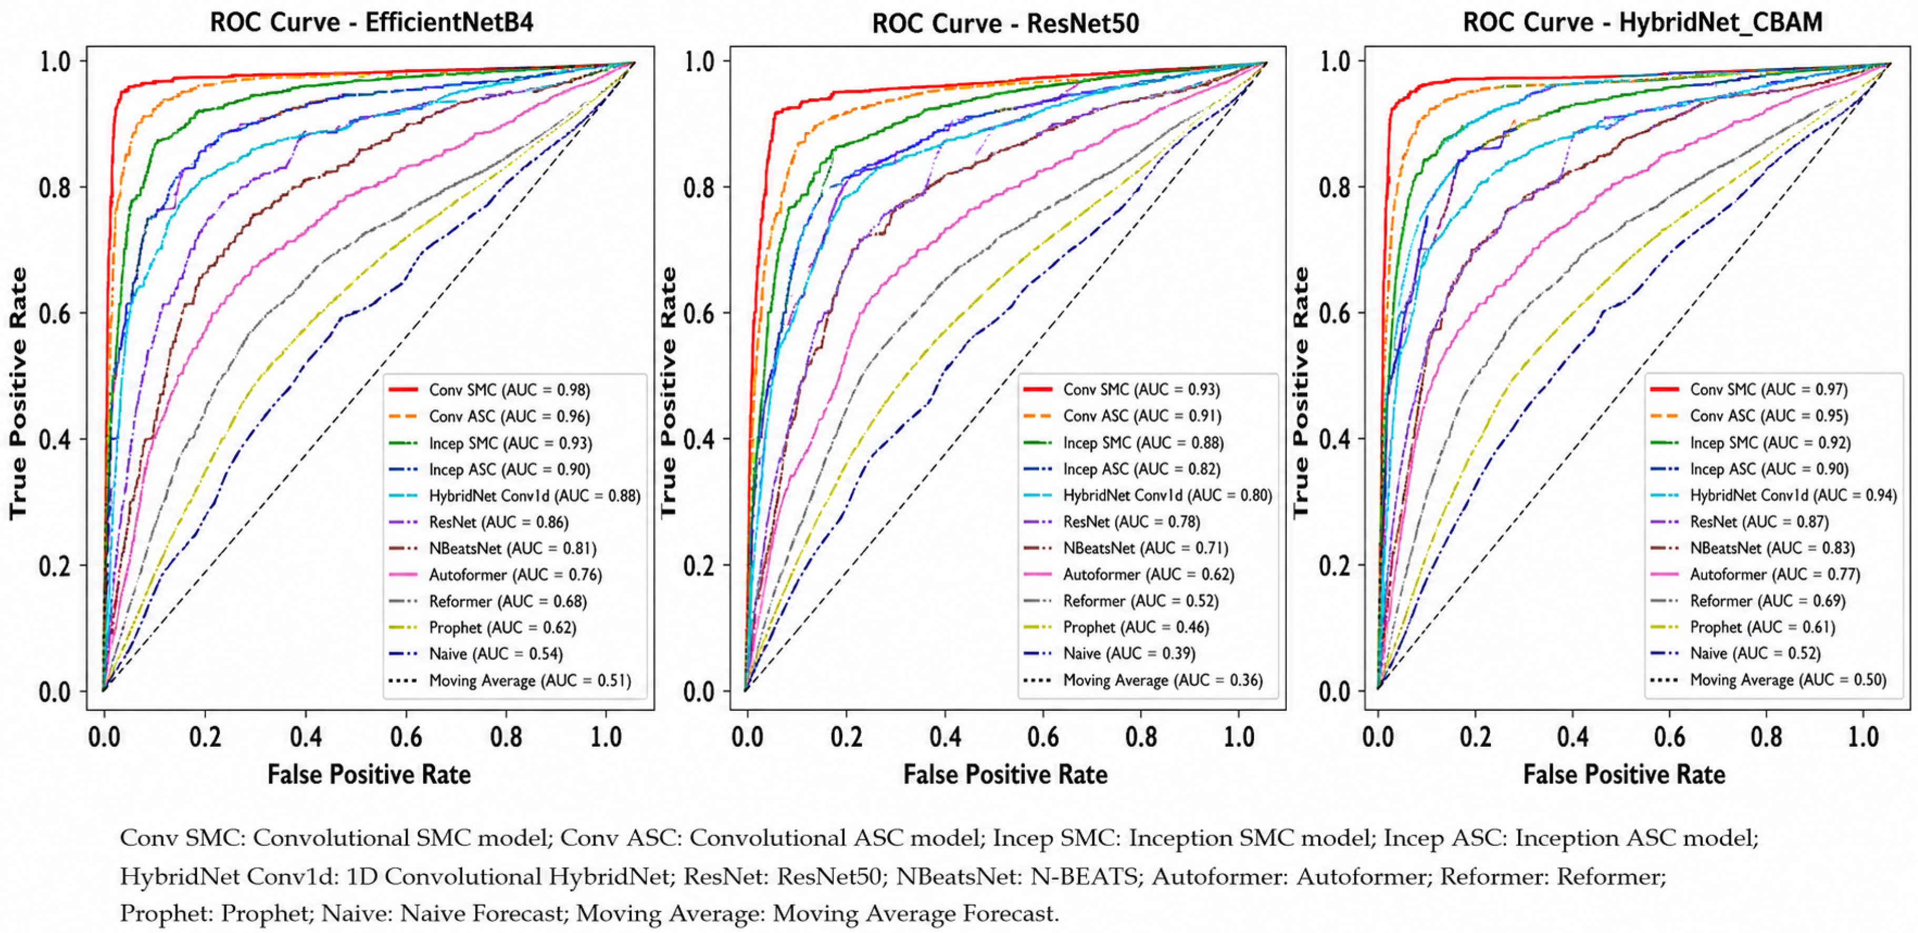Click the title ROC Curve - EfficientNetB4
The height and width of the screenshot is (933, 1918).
pos(371,22)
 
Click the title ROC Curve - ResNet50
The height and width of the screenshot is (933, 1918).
pos(1005,23)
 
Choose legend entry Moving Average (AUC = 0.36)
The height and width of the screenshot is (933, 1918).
pos(1143,680)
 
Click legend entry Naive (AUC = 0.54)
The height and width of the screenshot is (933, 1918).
pos(476,654)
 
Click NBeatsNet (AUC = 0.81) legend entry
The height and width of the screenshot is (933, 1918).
pos(493,548)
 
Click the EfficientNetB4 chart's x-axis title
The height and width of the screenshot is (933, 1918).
pos(369,775)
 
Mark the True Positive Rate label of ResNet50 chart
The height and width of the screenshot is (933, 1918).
pos(668,393)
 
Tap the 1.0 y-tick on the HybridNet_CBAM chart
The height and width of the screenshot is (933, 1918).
pos(1337,61)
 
